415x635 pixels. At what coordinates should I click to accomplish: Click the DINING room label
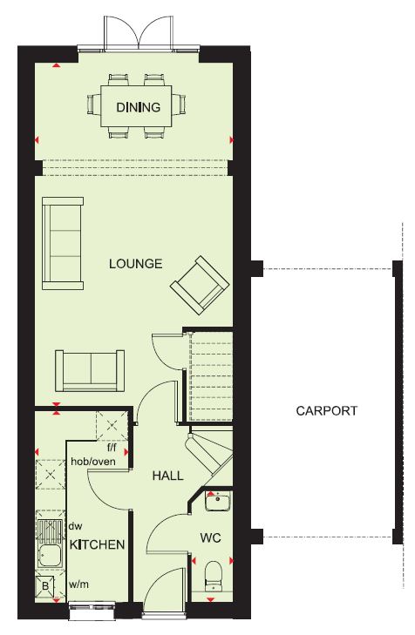coord(139,107)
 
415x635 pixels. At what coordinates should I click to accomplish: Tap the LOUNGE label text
coord(136,264)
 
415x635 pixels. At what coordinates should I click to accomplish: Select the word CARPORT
coord(327,410)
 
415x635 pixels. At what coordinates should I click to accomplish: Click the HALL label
coord(167,476)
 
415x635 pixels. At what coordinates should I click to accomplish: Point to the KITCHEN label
coord(98,544)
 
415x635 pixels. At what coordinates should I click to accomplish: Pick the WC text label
coord(211,538)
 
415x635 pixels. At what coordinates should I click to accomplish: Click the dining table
coord(136,106)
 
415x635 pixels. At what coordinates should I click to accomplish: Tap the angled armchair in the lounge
coord(200,285)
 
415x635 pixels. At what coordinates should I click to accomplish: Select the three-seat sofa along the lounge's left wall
coord(63,243)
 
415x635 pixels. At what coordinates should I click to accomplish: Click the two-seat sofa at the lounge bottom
coord(90,370)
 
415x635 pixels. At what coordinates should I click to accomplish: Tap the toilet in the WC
coord(214,576)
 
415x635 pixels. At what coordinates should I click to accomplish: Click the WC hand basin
coord(218,502)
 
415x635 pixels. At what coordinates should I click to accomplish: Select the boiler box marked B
coord(45,585)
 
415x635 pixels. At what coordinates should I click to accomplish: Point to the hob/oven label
coord(93,462)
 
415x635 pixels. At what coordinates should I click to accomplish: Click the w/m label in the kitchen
coord(78,584)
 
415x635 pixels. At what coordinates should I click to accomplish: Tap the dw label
coord(75,526)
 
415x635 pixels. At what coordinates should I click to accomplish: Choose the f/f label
coord(112,448)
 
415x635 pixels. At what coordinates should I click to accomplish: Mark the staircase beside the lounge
coord(211,376)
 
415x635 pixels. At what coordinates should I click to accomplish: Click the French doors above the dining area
coord(139,34)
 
